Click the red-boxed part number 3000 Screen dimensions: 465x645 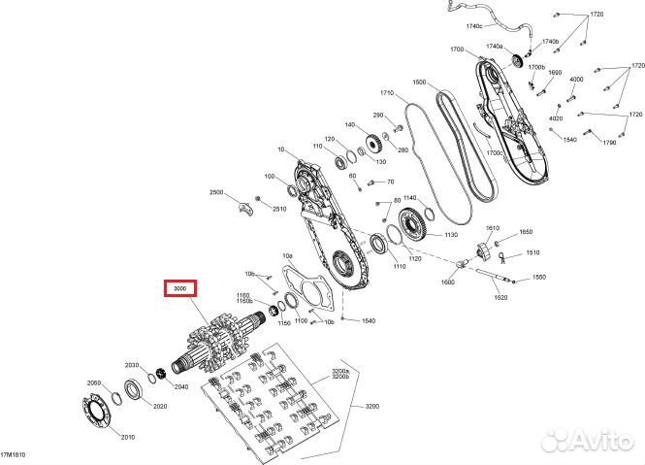[x=179, y=289]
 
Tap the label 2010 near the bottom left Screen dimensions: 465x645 [x=128, y=437]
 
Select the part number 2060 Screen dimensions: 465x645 [x=94, y=382]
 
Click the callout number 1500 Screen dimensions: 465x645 [x=419, y=83]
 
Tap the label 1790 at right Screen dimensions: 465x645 [x=609, y=142]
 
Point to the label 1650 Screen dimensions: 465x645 [x=526, y=232]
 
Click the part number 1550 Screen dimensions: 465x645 [x=538, y=278]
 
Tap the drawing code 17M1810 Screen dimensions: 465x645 [x=15, y=455]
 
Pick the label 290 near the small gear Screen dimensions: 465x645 [x=351, y=116]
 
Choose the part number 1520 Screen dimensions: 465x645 [x=500, y=297]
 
